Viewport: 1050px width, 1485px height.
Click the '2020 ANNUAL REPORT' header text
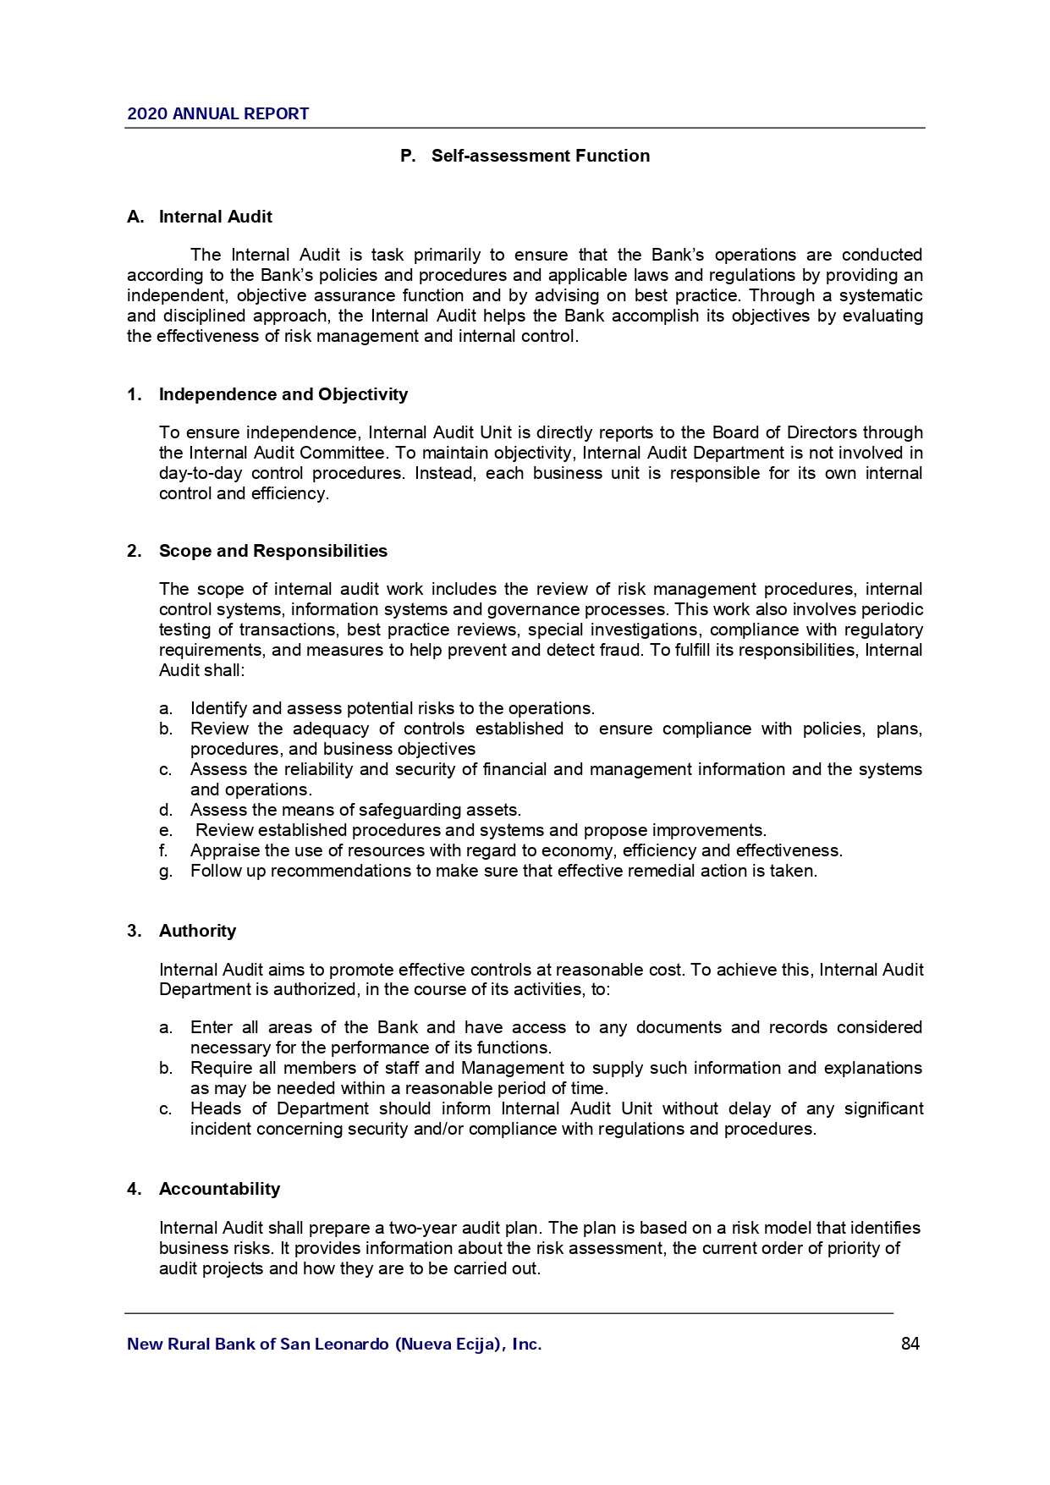coord(217,114)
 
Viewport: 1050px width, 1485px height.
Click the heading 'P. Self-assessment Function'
coord(525,156)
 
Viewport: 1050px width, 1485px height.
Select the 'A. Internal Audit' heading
coord(200,217)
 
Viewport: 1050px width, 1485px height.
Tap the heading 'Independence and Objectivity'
coord(283,394)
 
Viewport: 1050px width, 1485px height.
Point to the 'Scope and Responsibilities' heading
coord(272,551)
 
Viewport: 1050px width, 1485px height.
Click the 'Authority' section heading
coord(197,931)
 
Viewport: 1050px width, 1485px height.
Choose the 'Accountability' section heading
coord(219,1189)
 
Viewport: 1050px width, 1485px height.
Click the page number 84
coord(910,1344)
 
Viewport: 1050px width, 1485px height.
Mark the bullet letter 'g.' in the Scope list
coord(166,872)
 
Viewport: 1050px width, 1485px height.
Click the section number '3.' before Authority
coord(134,931)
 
